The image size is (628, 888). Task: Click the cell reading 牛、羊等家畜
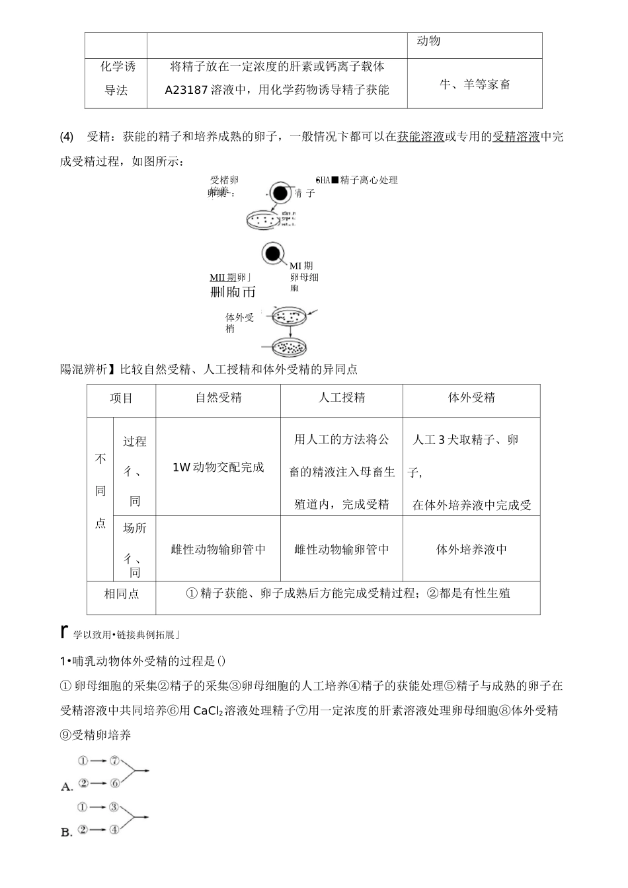click(x=475, y=85)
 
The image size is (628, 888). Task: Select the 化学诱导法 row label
click(x=116, y=79)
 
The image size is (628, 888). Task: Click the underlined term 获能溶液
click(x=420, y=137)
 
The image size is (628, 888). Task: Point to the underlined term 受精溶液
click(x=516, y=137)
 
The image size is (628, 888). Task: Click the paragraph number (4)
click(x=67, y=137)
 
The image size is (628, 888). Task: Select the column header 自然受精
click(x=218, y=398)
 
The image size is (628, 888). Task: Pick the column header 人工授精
click(x=341, y=398)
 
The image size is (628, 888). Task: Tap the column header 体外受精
click(x=471, y=398)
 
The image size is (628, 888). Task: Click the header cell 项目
click(x=121, y=398)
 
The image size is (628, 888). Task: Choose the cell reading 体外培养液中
click(x=471, y=550)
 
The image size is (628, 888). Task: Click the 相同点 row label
click(x=121, y=593)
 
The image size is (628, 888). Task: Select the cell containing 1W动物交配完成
click(x=218, y=467)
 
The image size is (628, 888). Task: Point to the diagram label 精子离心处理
click(x=369, y=180)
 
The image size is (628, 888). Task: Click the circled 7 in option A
click(x=114, y=760)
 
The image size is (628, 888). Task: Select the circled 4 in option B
click(x=114, y=829)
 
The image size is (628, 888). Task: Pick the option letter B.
click(x=66, y=832)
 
